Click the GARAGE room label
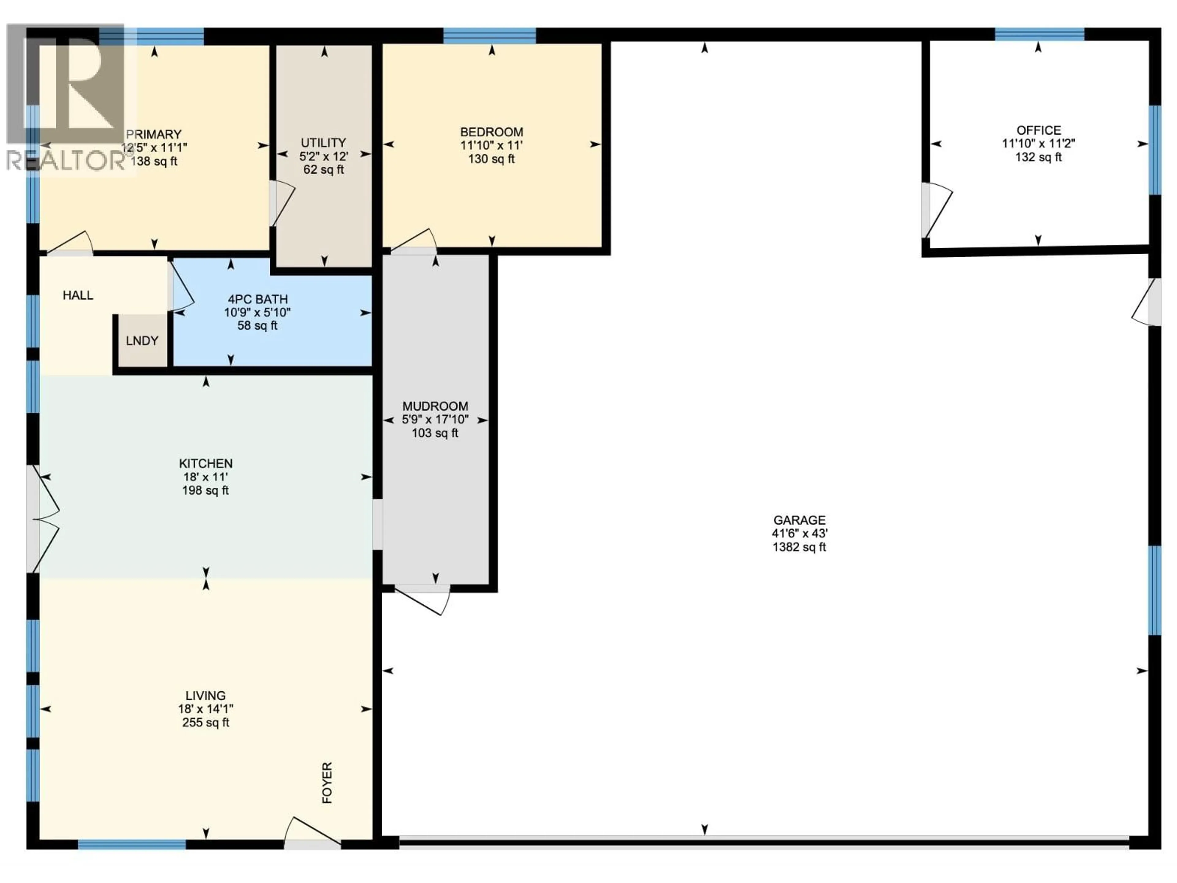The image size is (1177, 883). pyautogui.click(x=799, y=520)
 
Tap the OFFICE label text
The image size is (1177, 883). pyautogui.click(x=1039, y=130)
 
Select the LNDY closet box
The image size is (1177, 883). pyautogui.click(x=142, y=341)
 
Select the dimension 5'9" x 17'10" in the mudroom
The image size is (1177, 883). pyautogui.click(x=435, y=419)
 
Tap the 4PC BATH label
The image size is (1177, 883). pyautogui.click(x=257, y=299)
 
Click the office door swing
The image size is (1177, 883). pyautogui.click(x=936, y=210)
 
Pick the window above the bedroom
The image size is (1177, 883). pyautogui.click(x=489, y=36)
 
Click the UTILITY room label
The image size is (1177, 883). pyautogui.click(x=323, y=143)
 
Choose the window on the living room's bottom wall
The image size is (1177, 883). pyautogui.click(x=132, y=844)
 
